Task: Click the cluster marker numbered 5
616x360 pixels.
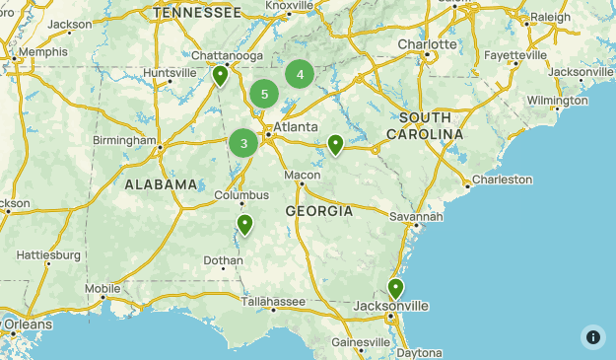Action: [264, 95]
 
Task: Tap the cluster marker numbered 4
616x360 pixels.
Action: [300, 74]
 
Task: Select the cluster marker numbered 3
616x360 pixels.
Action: [243, 144]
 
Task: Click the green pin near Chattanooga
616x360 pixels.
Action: [221, 76]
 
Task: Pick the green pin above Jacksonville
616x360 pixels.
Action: [395, 288]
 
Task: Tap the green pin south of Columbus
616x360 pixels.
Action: [244, 225]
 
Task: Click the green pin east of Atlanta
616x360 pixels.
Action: [335, 144]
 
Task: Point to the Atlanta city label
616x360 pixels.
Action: [296, 126]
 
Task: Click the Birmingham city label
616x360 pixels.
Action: [124, 140]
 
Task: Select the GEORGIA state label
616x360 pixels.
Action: [319, 211]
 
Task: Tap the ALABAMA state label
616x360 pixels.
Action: [162, 184]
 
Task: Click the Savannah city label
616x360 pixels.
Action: [416, 216]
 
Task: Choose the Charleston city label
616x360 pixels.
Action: [502, 180]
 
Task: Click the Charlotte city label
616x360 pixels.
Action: [427, 44]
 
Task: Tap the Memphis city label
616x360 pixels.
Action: [43, 51]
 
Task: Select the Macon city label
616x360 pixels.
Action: [303, 175]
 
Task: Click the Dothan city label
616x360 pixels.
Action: [223, 261]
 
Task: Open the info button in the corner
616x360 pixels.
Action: [593, 336]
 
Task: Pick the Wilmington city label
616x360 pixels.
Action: [557, 101]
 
